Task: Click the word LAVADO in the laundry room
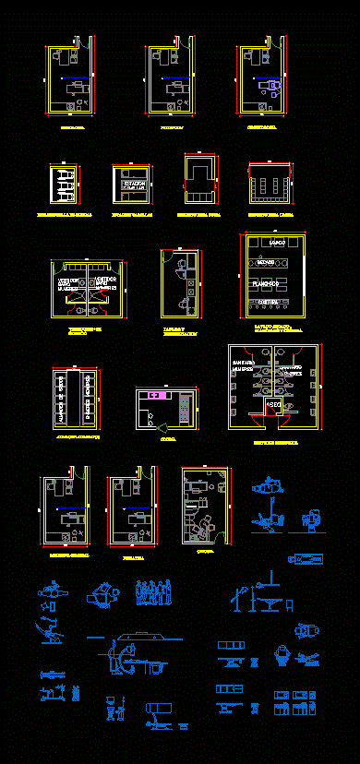[x=276, y=242]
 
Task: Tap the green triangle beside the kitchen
[x=161, y=426]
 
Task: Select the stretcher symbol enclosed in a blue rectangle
[x=306, y=559]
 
